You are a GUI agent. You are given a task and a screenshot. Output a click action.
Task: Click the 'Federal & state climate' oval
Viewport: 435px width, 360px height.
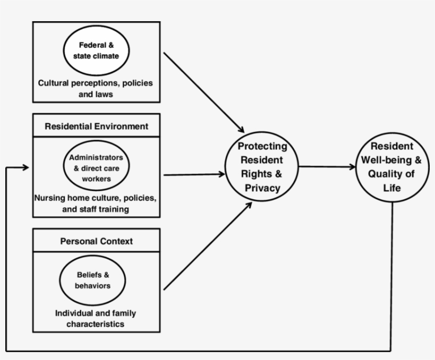click(96, 50)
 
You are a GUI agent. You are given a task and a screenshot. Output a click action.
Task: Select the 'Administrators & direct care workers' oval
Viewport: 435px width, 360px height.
click(96, 168)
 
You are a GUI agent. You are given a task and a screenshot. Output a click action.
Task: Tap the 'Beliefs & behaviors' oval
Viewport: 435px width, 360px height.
click(92, 280)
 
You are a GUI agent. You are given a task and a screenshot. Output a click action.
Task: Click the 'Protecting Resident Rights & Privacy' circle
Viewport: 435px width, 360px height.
click(262, 167)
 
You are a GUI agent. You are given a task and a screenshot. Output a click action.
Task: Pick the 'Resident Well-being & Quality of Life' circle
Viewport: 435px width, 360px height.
click(392, 167)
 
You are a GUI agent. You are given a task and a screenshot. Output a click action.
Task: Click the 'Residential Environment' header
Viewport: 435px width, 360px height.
click(96, 126)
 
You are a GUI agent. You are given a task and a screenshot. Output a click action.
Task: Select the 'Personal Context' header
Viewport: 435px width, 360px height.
click(96, 241)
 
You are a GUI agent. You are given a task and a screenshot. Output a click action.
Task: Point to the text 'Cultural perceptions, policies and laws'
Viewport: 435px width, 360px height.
click(96, 89)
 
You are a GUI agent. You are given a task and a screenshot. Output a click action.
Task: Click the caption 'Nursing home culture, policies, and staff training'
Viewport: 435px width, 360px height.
click(96, 204)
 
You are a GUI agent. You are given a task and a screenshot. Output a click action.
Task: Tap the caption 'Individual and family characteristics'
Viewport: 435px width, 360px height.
click(96, 318)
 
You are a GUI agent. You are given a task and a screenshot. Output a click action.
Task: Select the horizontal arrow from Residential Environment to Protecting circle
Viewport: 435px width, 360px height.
click(194, 174)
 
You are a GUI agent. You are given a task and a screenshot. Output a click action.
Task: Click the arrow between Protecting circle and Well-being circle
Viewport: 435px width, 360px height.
click(327, 167)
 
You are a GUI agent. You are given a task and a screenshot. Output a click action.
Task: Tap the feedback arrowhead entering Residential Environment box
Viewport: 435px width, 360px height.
click(25, 168)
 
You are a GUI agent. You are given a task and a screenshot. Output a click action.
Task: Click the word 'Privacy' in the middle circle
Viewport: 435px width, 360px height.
click(262, 188)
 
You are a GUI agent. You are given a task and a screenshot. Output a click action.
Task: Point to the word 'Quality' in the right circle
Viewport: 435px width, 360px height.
click(386, 174)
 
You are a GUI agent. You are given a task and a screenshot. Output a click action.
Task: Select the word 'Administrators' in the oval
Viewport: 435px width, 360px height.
click(96, 158)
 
